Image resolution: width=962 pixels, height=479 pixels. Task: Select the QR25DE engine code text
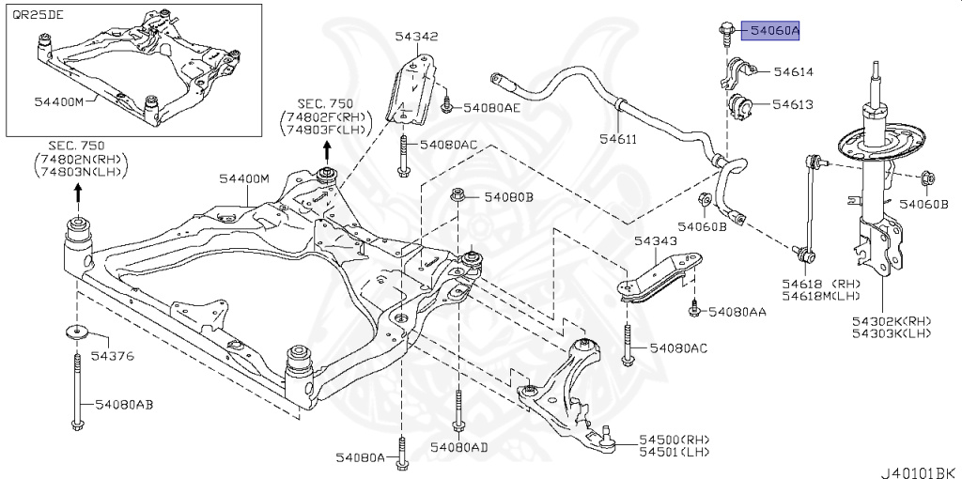click(33, 16)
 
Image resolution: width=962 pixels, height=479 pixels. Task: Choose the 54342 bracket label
click(416, 38)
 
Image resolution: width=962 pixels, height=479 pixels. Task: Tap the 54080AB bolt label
click(123, 404)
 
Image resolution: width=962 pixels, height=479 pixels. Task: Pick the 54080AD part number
click(458, 447)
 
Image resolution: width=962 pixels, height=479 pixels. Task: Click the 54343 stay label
click(655, 241)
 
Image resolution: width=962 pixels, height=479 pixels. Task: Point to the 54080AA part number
click(737, 311)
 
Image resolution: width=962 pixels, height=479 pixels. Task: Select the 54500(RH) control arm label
click(675, 439)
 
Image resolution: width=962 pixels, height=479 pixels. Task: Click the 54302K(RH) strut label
click(892, 321)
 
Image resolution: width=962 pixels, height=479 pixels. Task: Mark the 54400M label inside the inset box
click(59, 100)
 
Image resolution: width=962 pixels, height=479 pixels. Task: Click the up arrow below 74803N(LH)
click(78, 193)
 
